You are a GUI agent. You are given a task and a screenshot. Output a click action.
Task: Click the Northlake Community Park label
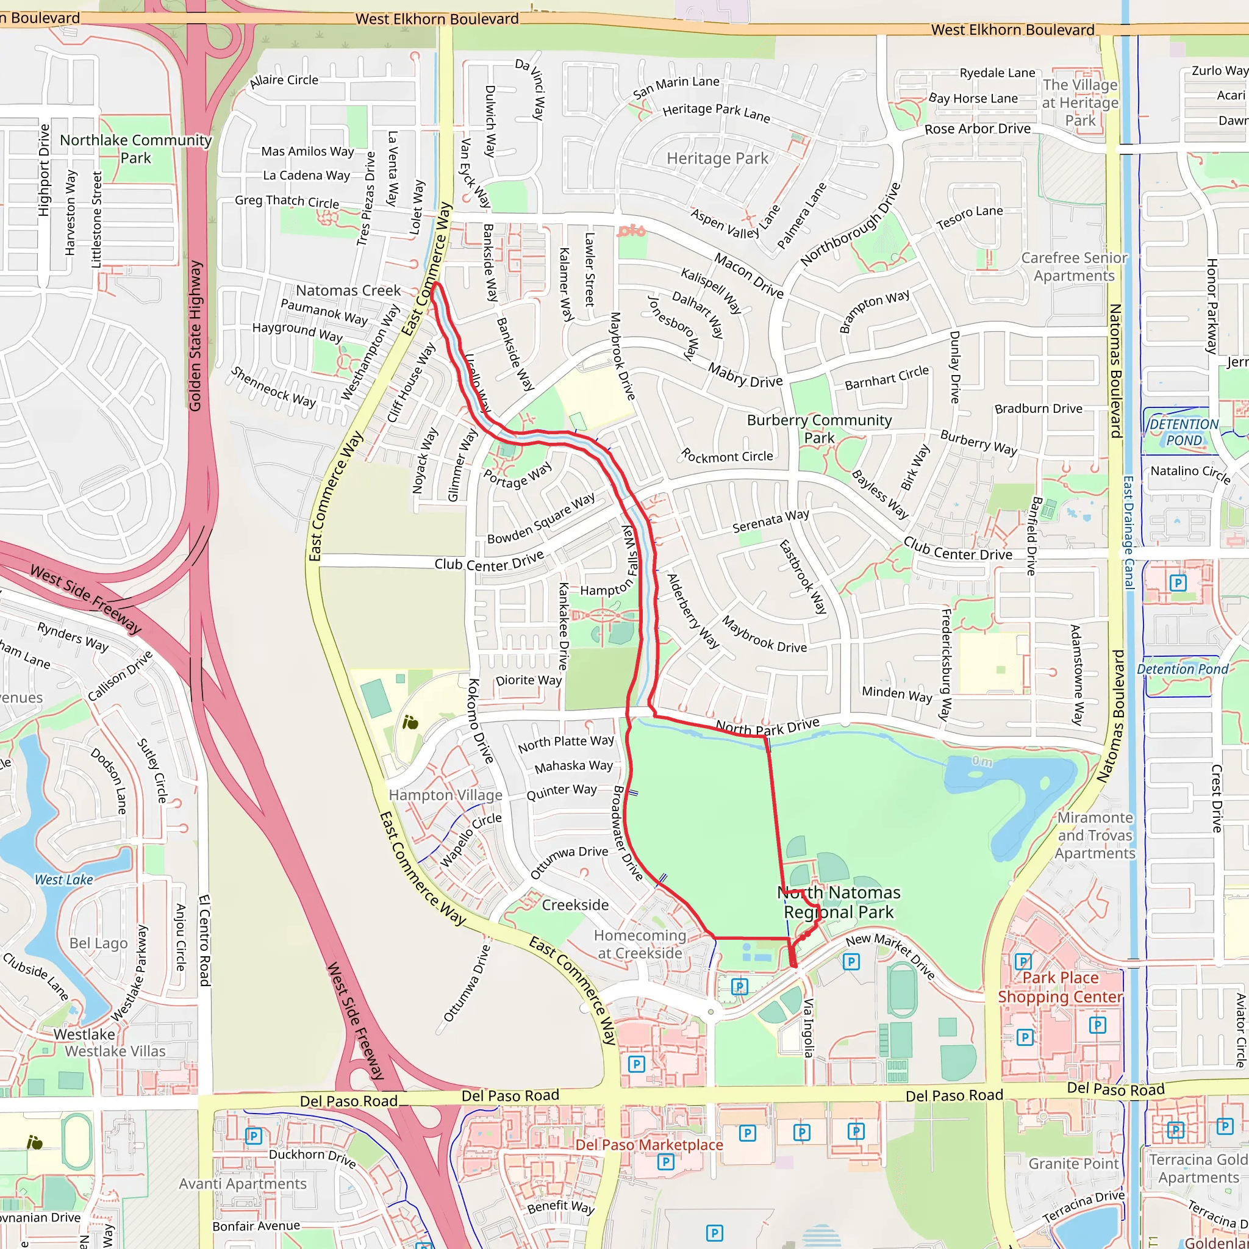tap(136, 149)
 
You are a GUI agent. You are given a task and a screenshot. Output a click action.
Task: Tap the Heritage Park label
tap(717, 159)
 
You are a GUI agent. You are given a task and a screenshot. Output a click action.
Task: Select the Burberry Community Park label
tap(819, 429)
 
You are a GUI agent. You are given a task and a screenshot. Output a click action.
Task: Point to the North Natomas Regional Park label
tap(839, 902)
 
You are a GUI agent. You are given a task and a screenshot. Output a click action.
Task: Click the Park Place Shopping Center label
tap(1060, 987)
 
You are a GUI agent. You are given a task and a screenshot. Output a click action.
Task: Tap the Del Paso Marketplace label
tap(649, 1145)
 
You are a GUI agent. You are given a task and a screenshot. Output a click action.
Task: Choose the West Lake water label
tap(64, 880)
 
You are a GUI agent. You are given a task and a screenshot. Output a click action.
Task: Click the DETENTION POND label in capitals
tap(1184, 432)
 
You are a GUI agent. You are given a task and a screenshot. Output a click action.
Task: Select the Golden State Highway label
tap(195, 336)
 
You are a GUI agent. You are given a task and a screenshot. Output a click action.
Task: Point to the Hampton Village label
tap(445, 795)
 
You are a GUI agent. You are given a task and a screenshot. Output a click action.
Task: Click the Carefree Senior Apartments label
tap(1074, 267)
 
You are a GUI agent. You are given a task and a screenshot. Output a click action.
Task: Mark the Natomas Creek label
tap(348, 290)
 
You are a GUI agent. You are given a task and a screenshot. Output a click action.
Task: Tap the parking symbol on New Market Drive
tap(851, 962)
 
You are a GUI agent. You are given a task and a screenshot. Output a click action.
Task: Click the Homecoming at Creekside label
tap(639, 944)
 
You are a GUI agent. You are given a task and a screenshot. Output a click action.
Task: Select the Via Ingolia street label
tap(808, 1027)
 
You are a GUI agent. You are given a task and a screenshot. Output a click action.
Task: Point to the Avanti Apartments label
tap(243, 1184)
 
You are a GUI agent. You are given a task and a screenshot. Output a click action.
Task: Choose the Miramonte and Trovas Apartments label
tap(1095, 836)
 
